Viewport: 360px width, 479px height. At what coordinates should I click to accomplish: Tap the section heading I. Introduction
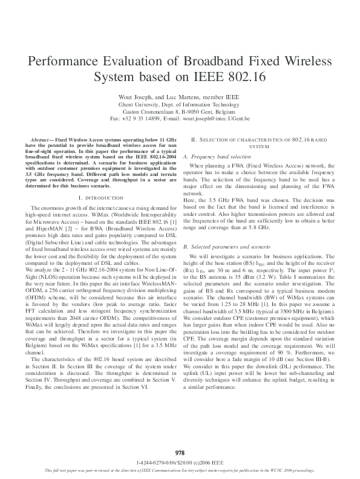101,198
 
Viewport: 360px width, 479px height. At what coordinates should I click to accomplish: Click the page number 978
180,452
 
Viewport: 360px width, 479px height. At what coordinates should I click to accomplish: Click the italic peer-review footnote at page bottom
180,471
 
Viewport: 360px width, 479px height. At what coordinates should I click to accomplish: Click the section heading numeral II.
194,140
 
